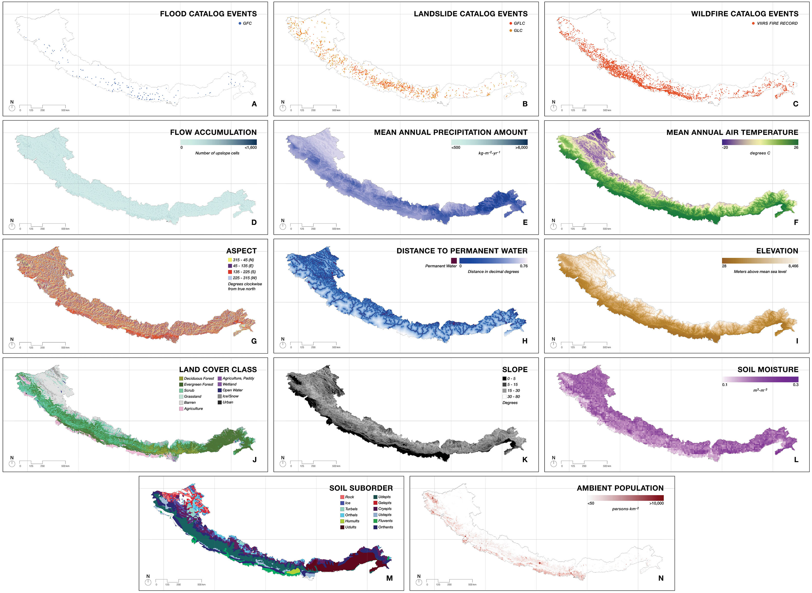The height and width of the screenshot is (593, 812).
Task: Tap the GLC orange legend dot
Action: [x=511, y=31]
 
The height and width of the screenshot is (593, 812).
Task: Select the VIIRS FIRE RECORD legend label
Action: [x=777, y=23]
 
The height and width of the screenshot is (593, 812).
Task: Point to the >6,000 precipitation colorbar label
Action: [x=521, y=147]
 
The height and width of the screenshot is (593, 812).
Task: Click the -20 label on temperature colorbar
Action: [x=725, y=147]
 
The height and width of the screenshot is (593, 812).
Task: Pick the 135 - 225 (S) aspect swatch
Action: [x=230, y=272]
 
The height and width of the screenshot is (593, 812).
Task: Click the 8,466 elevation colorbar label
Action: [x=793, y=266]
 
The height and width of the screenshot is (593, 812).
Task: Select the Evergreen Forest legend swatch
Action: [x=181, y=384]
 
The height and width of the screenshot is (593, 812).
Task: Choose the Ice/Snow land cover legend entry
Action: [x=230, y=396]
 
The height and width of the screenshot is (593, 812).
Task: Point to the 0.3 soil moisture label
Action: [x=796, y=385]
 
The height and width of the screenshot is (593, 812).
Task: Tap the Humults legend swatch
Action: [x=342, y=521]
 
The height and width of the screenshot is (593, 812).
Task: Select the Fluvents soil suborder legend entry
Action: [x=385, y=521]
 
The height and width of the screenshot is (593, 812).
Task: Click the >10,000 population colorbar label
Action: [x=656, y=503]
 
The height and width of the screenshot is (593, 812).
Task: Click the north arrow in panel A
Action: [x=12, y=108]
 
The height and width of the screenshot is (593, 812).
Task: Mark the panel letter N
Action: [x=661, y=578]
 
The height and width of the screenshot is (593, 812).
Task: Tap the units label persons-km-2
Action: [x=625, y=509]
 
